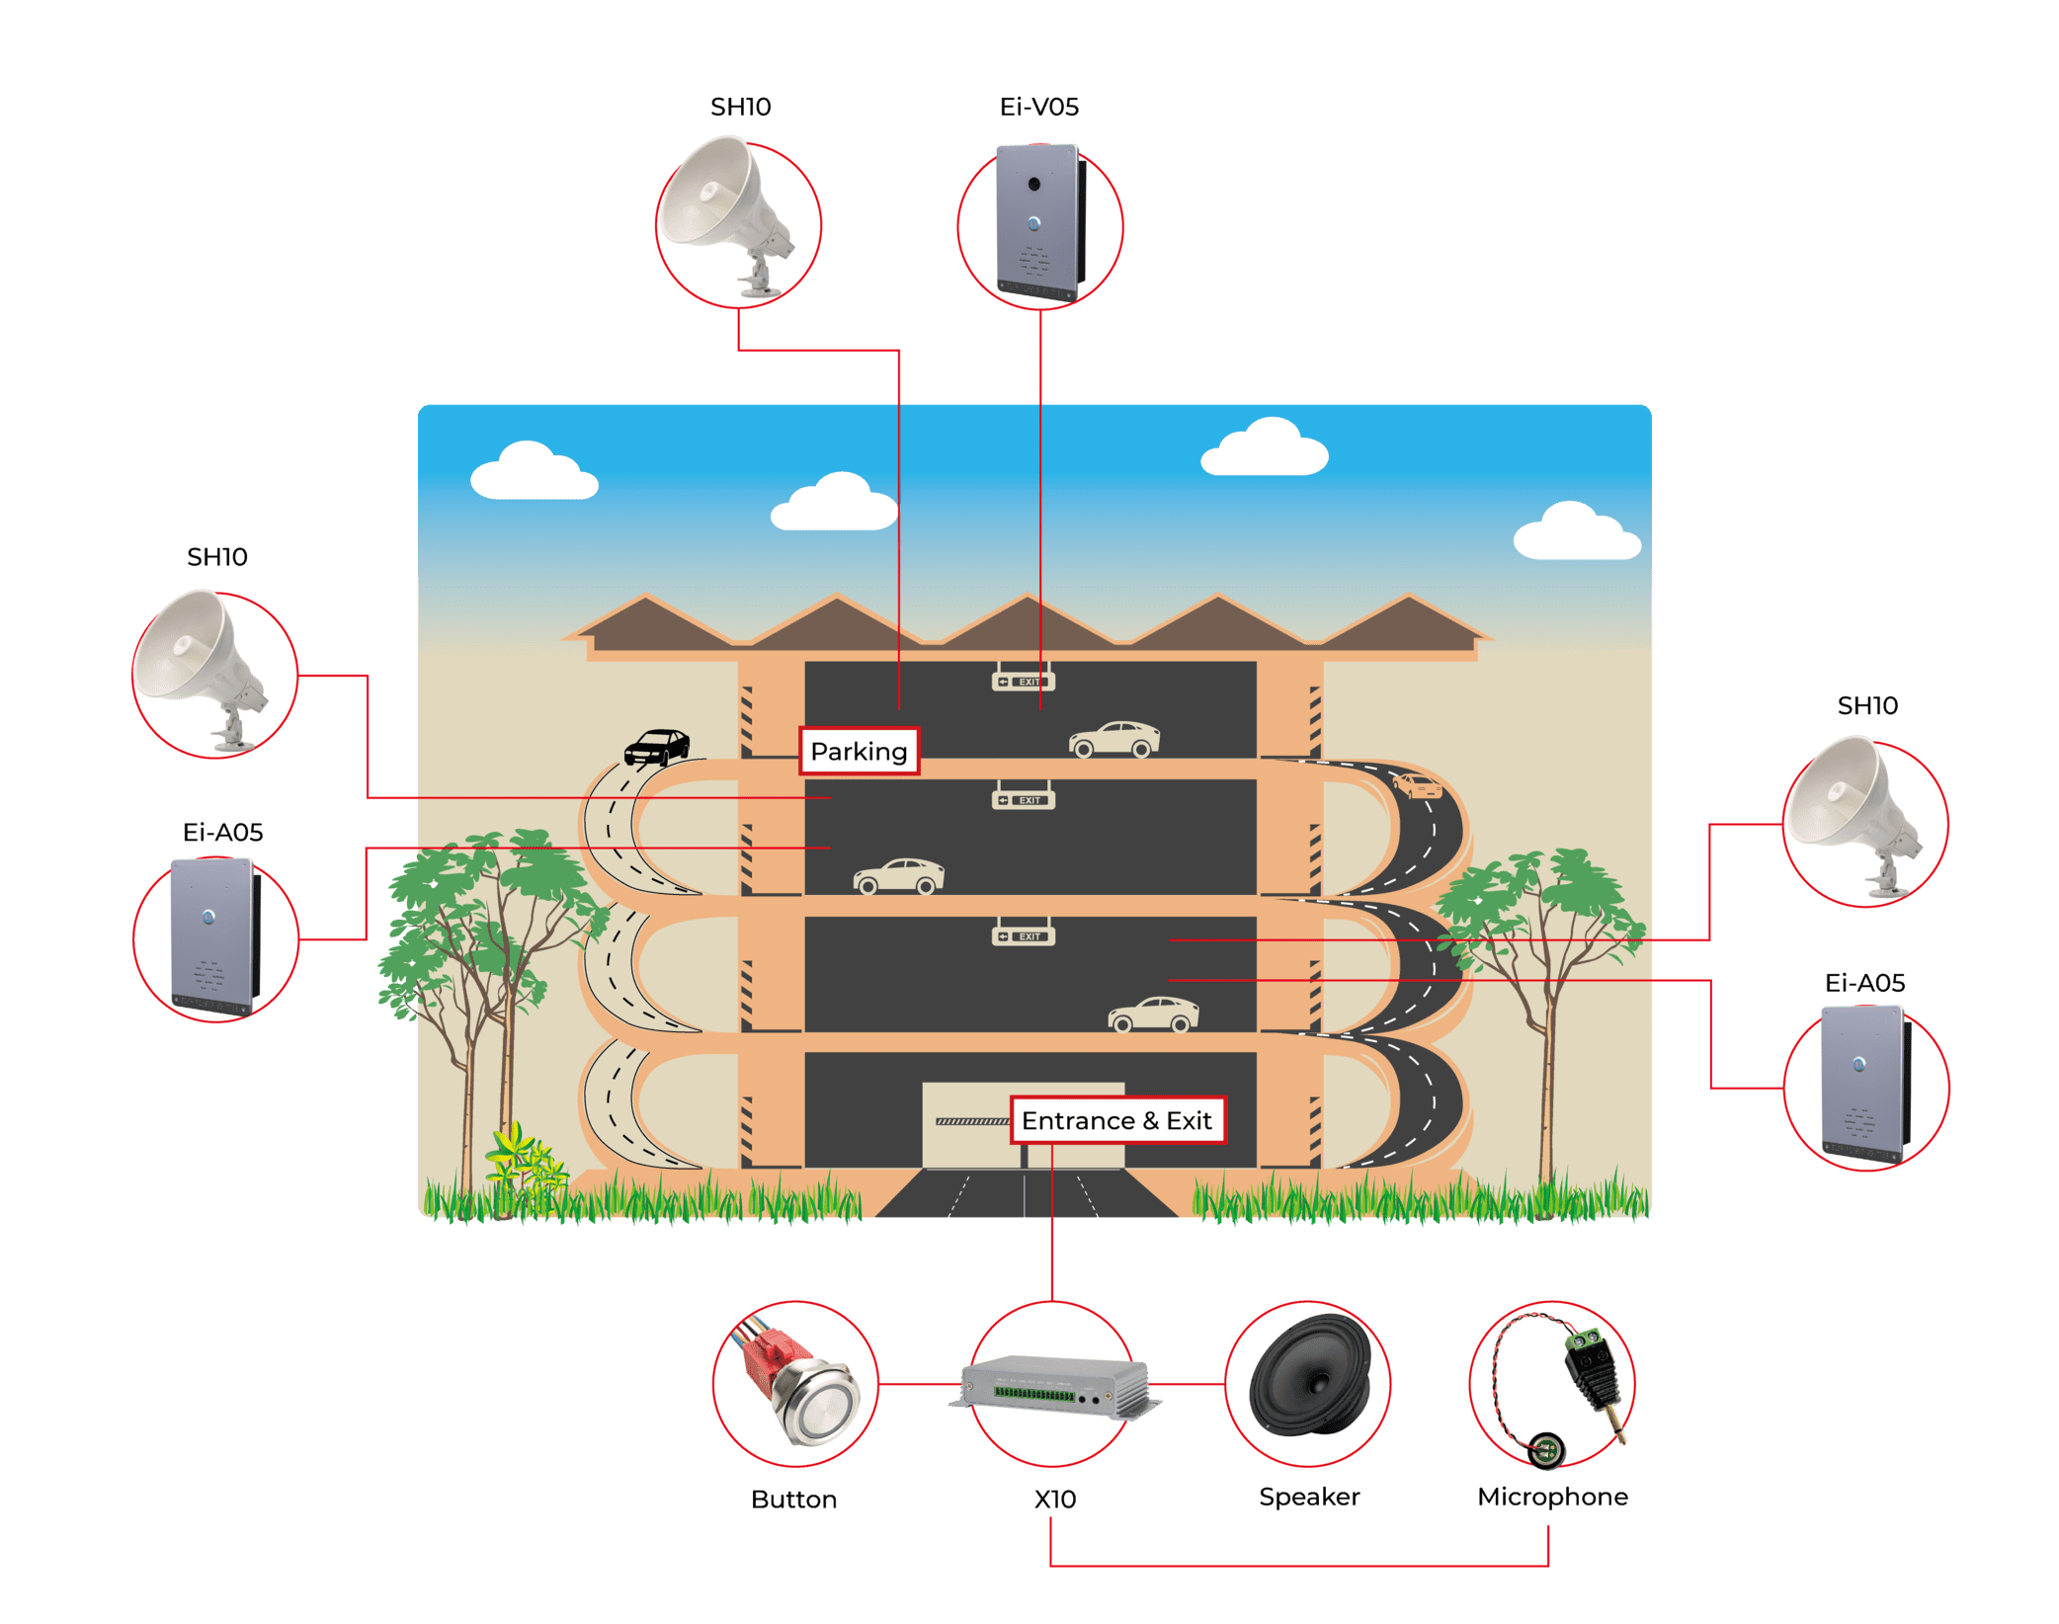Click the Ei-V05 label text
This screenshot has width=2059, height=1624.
coord(1038,107)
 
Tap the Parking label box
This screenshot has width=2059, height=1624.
coord(859,751)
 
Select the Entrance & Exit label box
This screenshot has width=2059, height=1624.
coord(1116,1120)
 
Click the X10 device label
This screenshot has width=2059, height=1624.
coord(1054,1499)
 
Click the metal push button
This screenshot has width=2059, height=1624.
coord(816,1403)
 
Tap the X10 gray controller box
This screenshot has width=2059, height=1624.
coord(1053,1388)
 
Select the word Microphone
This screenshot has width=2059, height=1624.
coord(1552,1497)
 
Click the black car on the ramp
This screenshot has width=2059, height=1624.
coord(657,747)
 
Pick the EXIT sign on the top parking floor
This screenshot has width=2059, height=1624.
coord(1024,682)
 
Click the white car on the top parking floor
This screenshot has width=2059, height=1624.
coord(1113,740)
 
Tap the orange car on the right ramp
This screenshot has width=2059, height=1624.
coord(1418,786)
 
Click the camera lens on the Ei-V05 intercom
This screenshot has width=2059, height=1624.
coord(1034,185)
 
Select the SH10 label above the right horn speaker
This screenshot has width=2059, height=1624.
coord(1866,705)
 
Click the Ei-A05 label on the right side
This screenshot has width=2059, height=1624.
coord(1864,983)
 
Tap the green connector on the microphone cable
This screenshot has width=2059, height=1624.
coord(1586,1340)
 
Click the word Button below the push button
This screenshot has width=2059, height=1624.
coord(793,1500)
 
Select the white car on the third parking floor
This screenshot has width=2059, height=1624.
coord(1153,1015)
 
